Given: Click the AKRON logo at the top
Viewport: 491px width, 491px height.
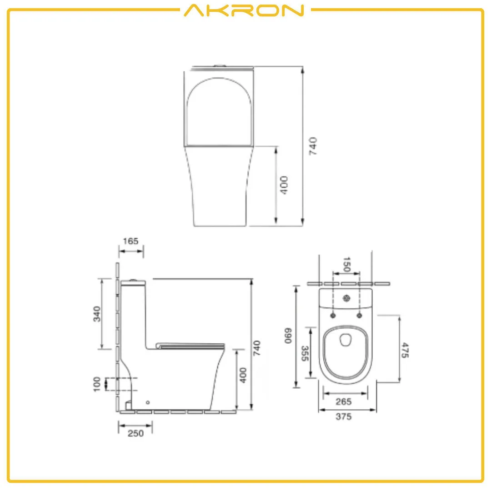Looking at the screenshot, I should click(x=244, y=10).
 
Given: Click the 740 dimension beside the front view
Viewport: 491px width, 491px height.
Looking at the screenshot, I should click(x=313, y=146).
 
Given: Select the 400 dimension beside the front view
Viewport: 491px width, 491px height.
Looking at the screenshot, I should click(x=284, y=185).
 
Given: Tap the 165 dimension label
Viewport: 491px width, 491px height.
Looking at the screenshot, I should click(x=130, y=241).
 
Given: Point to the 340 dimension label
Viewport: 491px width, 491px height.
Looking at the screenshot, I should click(x=97, y=314).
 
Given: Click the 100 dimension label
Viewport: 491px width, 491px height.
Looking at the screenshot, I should click(x=97, y=384).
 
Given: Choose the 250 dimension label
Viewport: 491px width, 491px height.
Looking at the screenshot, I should click(x=135, y=433).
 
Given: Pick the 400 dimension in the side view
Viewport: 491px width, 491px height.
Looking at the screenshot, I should click(x=243, y=375).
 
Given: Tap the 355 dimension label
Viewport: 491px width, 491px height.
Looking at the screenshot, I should click(x=305, y=353).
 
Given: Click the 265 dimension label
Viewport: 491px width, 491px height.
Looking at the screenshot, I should click(x=344, y=401).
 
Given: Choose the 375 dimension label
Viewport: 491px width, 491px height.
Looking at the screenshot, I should click(x=344, y=417).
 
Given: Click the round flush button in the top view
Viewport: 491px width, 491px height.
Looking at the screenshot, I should click(x=347, y=299).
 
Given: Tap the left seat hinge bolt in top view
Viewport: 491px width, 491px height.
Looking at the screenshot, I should click(x=333, y=315).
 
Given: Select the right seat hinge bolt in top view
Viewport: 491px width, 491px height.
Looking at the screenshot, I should click(x=360, y=315).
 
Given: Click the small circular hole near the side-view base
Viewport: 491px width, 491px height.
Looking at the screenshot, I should click(x=148, y=402).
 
